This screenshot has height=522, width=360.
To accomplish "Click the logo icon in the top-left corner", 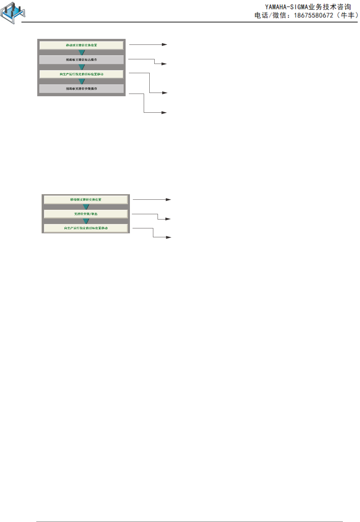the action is click(13, 13).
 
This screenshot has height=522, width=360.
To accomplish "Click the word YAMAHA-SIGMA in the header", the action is click(286, 7).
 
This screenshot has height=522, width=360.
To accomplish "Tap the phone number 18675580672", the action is click(314, 15).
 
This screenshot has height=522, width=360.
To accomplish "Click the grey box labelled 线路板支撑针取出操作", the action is click(81, 60).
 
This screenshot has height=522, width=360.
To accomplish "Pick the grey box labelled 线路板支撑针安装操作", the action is click(81, 89).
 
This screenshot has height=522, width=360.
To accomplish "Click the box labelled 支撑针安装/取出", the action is click(86, 214).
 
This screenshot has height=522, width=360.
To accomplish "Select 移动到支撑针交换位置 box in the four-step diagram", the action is click(81, 45).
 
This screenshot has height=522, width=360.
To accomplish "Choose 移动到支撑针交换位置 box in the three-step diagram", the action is click(86, 199).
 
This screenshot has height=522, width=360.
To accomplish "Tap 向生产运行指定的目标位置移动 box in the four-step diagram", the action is click(81, 74).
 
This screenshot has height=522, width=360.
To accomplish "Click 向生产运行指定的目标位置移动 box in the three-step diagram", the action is click(86, 228).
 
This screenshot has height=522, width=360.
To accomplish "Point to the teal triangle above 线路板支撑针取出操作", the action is click(82, 52).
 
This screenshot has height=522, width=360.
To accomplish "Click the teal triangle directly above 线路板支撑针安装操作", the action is click(82, 81).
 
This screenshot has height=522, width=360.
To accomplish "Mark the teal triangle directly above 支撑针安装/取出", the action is click(86, 207).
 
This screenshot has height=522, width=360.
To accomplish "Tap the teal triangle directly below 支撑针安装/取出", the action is click(86, 221).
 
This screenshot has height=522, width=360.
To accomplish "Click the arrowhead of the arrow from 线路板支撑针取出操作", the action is click(164, 64).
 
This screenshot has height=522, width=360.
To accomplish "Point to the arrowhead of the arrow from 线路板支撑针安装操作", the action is click(164, 113).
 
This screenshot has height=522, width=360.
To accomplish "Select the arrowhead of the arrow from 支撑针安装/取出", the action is click(168, 219).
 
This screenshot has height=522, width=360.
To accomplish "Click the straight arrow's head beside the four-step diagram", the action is click(165, 44).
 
